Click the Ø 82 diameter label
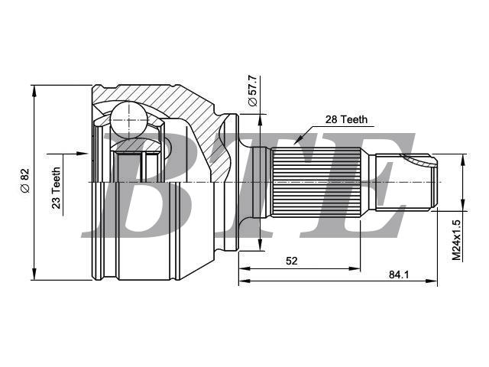coord(24,180)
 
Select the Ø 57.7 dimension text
coord(253,90)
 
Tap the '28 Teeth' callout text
coord(346,119)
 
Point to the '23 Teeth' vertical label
coord(56,188)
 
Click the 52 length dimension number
coord(292,261)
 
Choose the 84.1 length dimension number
coord(399,274)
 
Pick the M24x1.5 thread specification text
coord(456,240)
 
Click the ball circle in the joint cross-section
coord(128,120)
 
